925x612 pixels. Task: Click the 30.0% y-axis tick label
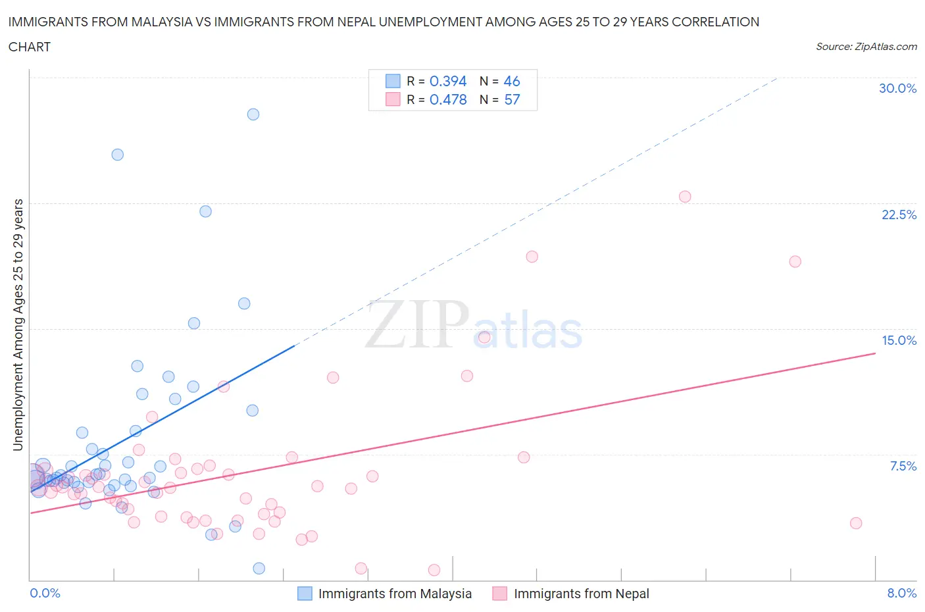coord(897,88)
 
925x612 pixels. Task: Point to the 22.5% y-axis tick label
coord(899,215)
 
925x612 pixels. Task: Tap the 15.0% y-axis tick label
coord(899,340)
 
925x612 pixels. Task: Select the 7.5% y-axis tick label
coord(903,466)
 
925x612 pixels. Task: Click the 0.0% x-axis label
coord(45,593)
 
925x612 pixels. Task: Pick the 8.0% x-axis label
coord(901,593)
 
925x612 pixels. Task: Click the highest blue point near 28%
coord(253,115)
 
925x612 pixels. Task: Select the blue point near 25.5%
coord(118,155)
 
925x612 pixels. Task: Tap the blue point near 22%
coord(206,211)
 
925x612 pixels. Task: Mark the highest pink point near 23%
coord(685,197)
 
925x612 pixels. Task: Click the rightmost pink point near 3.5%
coord(856,523)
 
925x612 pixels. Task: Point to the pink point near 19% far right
coord(795,261)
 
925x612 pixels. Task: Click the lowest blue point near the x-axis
coord(259,568)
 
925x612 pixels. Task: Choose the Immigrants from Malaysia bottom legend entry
coord(394,594)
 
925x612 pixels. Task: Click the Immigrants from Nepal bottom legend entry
coord(581,594)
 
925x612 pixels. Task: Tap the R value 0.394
coord(448,81)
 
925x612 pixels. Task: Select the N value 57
coord(512,99)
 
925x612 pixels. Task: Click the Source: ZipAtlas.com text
coord(866,47)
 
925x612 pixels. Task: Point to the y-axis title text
coord(18,324)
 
